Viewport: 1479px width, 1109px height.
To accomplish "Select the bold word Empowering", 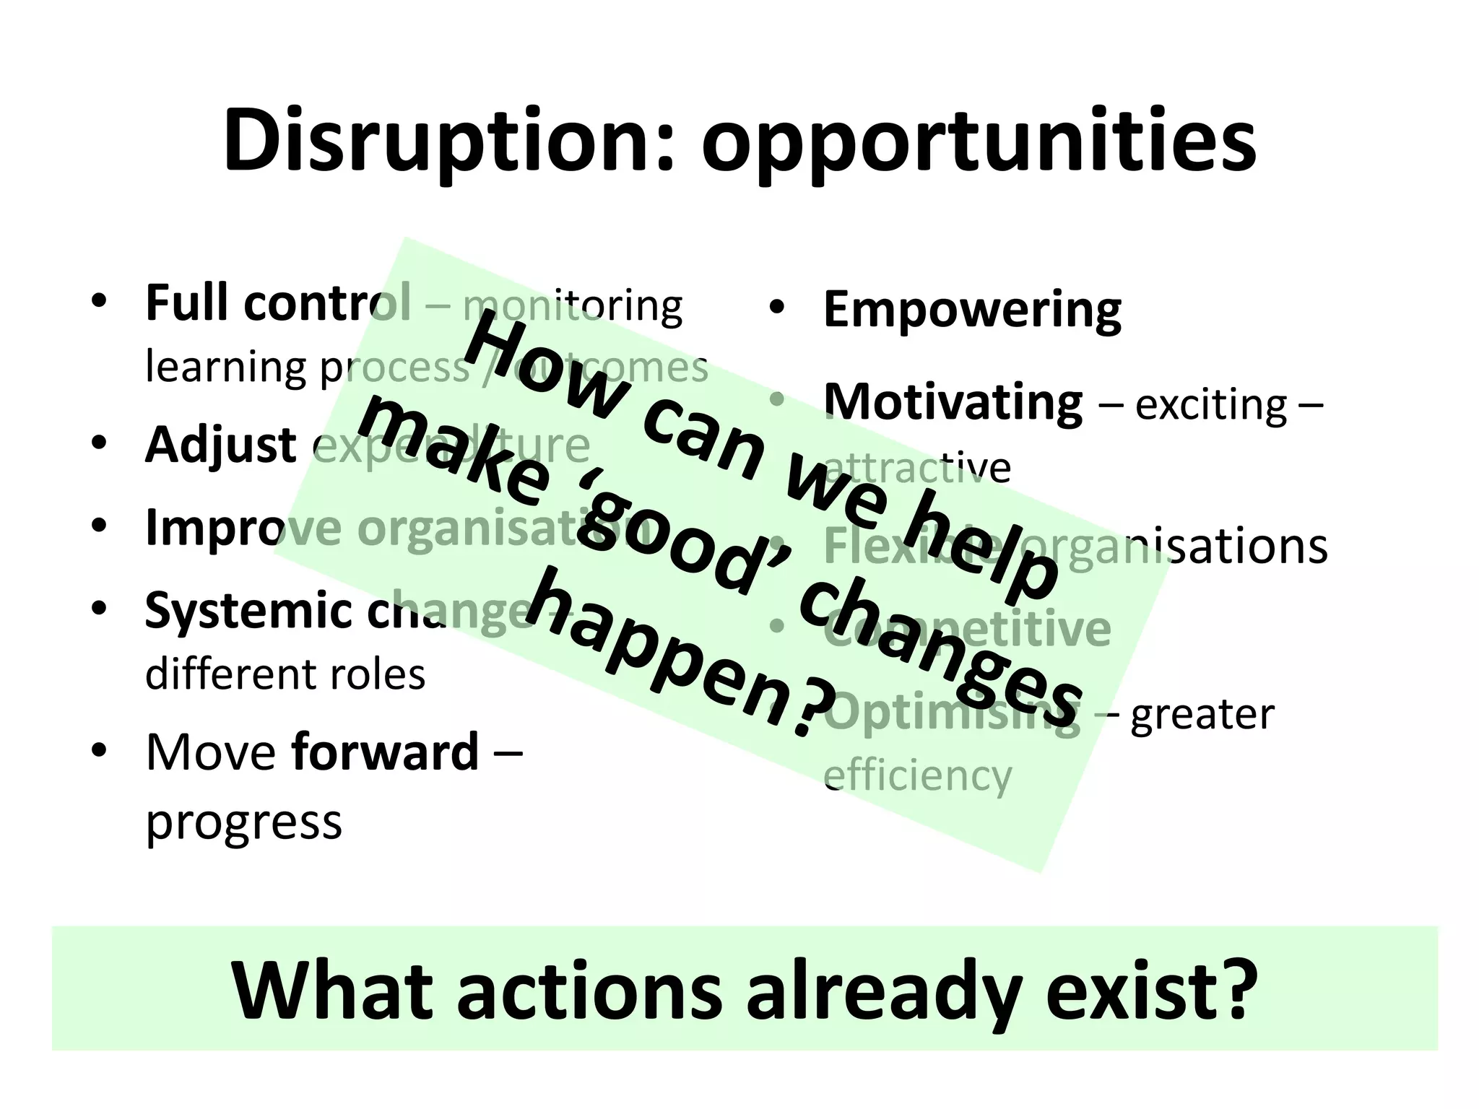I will pyautogui.click(x=971, y=310).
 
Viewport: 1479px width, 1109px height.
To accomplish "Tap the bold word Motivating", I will pyautogui.click(x=953, y=401).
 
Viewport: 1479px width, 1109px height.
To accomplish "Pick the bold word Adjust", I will pyautogui.click(x=220, y=445).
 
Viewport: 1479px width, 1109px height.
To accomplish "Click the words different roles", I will pyautogui.click(x=285, y=674).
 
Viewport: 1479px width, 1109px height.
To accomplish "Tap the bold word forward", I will pyautogui.click(x=385, y=752).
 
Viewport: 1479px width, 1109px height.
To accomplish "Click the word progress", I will pyautogui.click(x=243, y=822).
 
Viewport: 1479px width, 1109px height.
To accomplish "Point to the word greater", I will pyautogui.click(x=1202, y=715).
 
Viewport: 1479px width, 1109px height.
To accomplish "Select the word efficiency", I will pyautogui.click(x=917, y=776).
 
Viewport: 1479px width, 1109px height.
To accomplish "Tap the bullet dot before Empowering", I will pyautogui.click(x=776, y=308).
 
